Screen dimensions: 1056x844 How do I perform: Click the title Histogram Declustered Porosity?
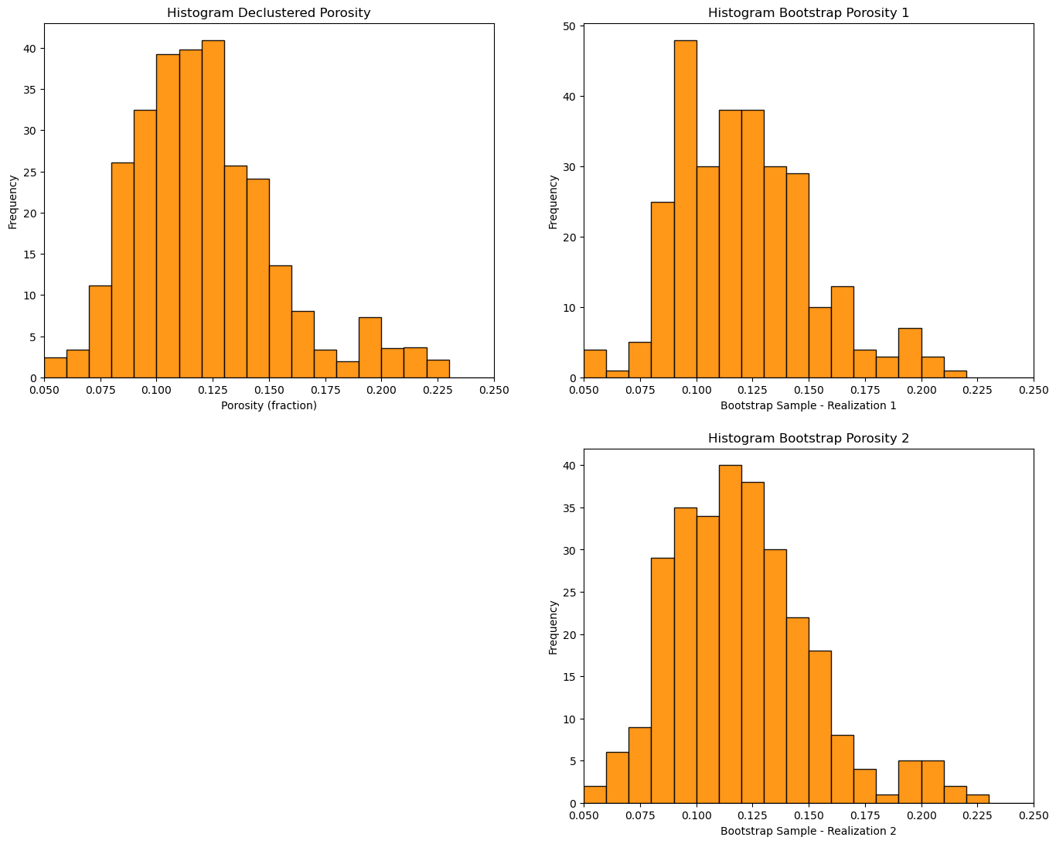268,13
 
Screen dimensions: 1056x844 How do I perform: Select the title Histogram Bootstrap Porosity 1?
808,13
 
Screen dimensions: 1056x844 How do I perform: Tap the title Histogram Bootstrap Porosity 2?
808,438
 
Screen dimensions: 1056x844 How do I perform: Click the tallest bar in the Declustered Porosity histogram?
213,209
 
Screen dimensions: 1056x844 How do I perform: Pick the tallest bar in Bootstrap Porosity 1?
685,209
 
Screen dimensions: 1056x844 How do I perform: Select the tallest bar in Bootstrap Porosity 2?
731,634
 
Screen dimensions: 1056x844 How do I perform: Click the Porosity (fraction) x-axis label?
269,405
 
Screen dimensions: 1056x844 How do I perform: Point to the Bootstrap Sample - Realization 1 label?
808,405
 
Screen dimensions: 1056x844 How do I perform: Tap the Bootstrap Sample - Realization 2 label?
808,831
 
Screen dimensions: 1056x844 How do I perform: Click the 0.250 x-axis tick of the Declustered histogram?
494,391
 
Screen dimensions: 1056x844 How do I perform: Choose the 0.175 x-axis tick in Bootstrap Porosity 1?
864,391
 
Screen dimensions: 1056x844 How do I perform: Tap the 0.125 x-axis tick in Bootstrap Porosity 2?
752,815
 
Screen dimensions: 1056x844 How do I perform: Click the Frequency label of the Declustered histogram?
13,202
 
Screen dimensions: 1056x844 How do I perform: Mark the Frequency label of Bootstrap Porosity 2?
553,627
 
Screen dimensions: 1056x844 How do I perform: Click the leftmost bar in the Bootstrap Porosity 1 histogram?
594,364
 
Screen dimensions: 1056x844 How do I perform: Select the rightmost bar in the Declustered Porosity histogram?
438,369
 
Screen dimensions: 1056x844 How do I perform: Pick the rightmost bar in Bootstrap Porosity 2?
977,799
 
